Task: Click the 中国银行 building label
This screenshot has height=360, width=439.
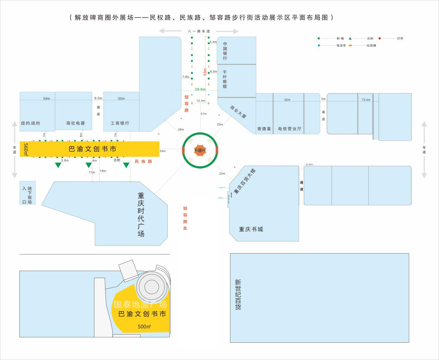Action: [225, 51]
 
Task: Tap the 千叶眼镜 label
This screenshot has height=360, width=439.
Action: [225, 79]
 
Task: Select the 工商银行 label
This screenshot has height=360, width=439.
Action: [120, 123]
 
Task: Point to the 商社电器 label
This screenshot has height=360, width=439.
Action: [76, 123]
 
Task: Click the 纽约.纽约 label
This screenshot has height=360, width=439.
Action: [30, 123]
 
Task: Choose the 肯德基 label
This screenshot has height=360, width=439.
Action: [264, 129]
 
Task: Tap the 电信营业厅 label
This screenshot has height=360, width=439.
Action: [290, 129]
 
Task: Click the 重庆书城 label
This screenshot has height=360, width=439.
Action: [251, 229]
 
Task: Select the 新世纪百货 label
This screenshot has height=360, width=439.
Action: [238, 295]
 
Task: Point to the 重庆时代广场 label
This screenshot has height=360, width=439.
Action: [141, 215]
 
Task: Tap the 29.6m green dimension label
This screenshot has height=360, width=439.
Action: [200, 89]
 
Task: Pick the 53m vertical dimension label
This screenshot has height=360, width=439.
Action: [205, 72]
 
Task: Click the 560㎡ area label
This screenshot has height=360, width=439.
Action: [25, 149]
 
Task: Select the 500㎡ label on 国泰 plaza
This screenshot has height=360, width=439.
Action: [144, 326]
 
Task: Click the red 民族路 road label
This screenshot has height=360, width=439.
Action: [143, 161]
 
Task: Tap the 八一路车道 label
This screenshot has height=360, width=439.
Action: [199, 31]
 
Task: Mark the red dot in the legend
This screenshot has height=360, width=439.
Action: [380, 38]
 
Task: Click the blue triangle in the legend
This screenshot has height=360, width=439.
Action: [319, 45]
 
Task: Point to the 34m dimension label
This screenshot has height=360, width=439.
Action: [163, 151]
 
